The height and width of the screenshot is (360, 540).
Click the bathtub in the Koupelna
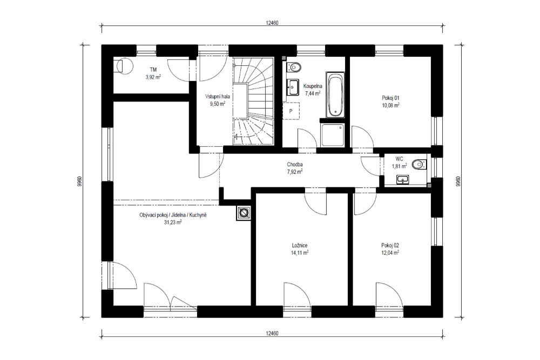click(334, 96)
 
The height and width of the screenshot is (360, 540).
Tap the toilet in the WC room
click(417, 164)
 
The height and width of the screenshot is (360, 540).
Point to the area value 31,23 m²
click(173, 222)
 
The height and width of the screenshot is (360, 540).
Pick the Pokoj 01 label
click(389, 98)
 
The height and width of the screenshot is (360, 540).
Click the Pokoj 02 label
click(389, 245)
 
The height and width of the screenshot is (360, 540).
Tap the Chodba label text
click(294, 165)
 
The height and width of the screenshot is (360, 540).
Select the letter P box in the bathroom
click(291, 111)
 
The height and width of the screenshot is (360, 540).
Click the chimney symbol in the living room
click(244, 214)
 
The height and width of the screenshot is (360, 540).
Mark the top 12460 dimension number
click(272, 23)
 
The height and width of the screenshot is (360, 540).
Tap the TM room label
click(153, 70)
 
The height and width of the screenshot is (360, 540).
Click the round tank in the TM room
click(125, 65)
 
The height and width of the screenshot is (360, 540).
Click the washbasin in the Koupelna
click(293, 86)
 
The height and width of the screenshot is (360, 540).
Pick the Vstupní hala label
click(218, 96)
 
